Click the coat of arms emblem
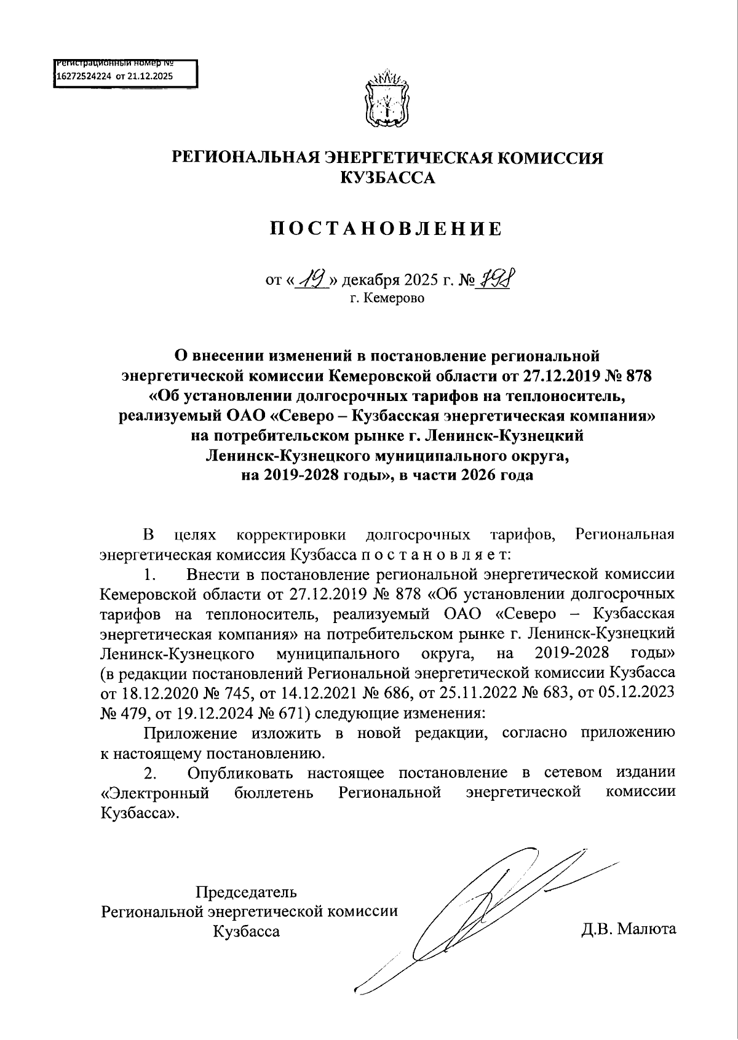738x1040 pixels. tap(387, 100)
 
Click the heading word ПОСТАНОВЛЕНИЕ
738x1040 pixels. tap(387, 229)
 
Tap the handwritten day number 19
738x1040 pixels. tap(313, 279)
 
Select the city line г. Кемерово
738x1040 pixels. tap(387, 300)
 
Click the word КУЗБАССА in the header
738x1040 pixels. tap(387, 178)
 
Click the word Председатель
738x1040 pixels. tap(246, 891)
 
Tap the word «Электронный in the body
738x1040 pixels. tap(155, 792)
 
